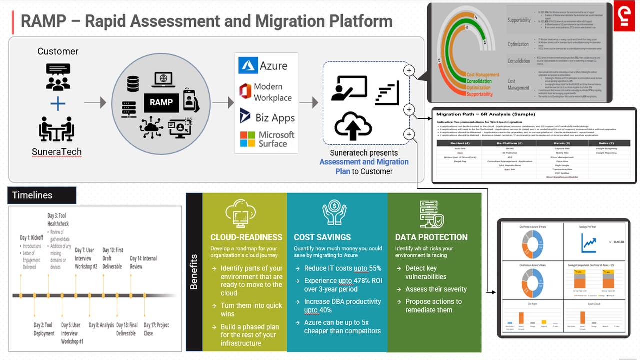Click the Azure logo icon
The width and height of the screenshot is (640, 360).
click(248, 65)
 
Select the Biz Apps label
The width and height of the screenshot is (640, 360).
click(275, 118)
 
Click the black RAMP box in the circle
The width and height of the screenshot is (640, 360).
click(161, 102)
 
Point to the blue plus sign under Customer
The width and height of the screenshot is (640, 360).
click(58, 104)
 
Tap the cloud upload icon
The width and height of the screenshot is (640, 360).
click(353, 126)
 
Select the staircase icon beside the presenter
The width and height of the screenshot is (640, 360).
click(387, 92)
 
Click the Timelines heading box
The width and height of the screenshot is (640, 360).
click(42, 195)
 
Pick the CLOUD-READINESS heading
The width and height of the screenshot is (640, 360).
click(246, 237)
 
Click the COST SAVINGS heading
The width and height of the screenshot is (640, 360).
click(322, 237)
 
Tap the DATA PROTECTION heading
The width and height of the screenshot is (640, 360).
click(431, 237)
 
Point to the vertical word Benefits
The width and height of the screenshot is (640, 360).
click(194, 272)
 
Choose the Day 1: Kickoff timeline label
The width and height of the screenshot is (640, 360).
click(31, 238)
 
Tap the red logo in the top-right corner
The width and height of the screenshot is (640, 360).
click(624, 17)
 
